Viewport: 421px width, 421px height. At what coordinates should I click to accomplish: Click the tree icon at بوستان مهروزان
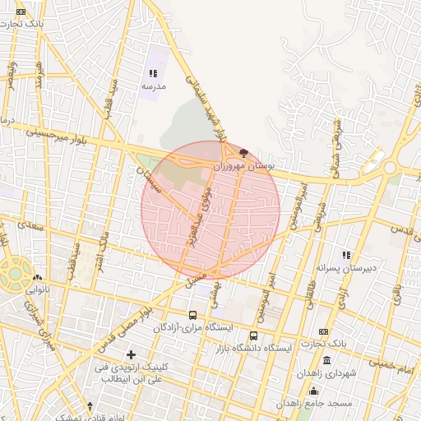242,152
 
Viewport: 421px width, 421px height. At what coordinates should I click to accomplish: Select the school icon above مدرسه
153,74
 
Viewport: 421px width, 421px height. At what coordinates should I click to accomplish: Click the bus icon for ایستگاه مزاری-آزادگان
192,315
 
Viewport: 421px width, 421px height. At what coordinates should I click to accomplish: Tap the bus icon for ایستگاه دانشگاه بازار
253,335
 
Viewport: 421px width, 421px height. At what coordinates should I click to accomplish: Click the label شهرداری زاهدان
329,373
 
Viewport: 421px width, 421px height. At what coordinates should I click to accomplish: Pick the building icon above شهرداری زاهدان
327,361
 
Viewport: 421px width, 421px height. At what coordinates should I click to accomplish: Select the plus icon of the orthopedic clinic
131,354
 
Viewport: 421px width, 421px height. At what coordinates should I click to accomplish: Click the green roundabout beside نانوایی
15,275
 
